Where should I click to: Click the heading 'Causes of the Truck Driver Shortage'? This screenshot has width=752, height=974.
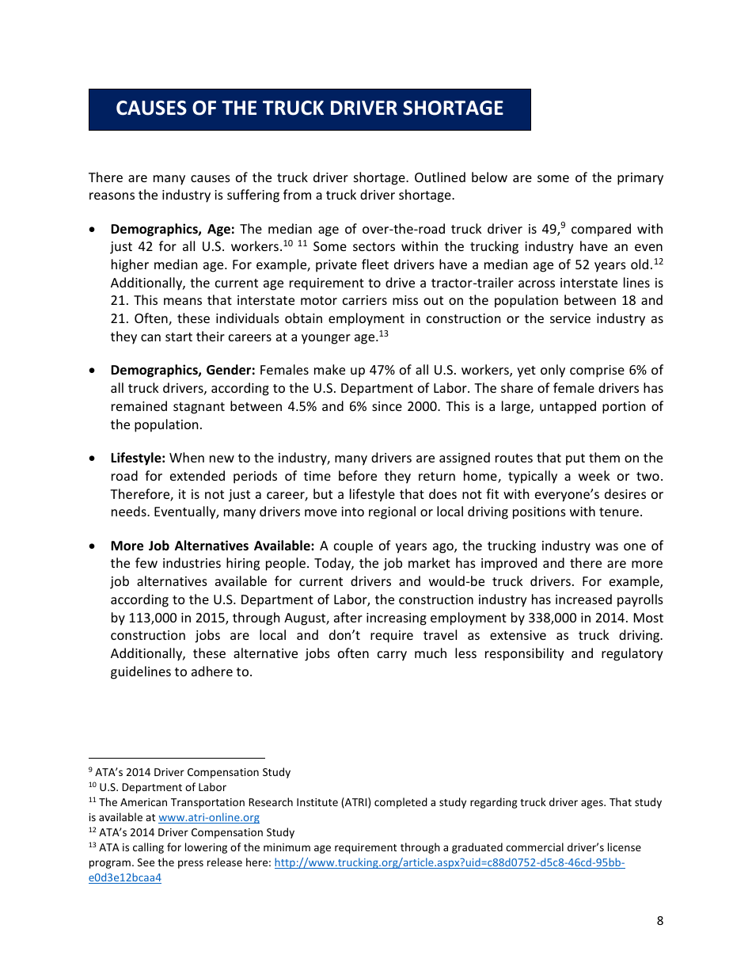click(310, 108)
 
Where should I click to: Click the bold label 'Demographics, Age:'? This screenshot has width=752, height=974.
click(172, 230)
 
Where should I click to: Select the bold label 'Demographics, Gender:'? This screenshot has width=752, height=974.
click(182, 371)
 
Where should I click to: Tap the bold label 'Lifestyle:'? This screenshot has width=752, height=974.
click(138, 458)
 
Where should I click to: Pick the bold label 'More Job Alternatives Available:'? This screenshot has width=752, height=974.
click(212, 546)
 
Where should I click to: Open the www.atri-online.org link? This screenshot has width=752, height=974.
click(209, 817)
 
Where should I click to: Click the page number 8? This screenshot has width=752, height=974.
click(659, 921)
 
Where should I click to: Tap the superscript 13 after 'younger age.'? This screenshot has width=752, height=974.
click(383, 333)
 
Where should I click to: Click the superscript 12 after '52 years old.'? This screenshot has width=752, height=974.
click(658, 261)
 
